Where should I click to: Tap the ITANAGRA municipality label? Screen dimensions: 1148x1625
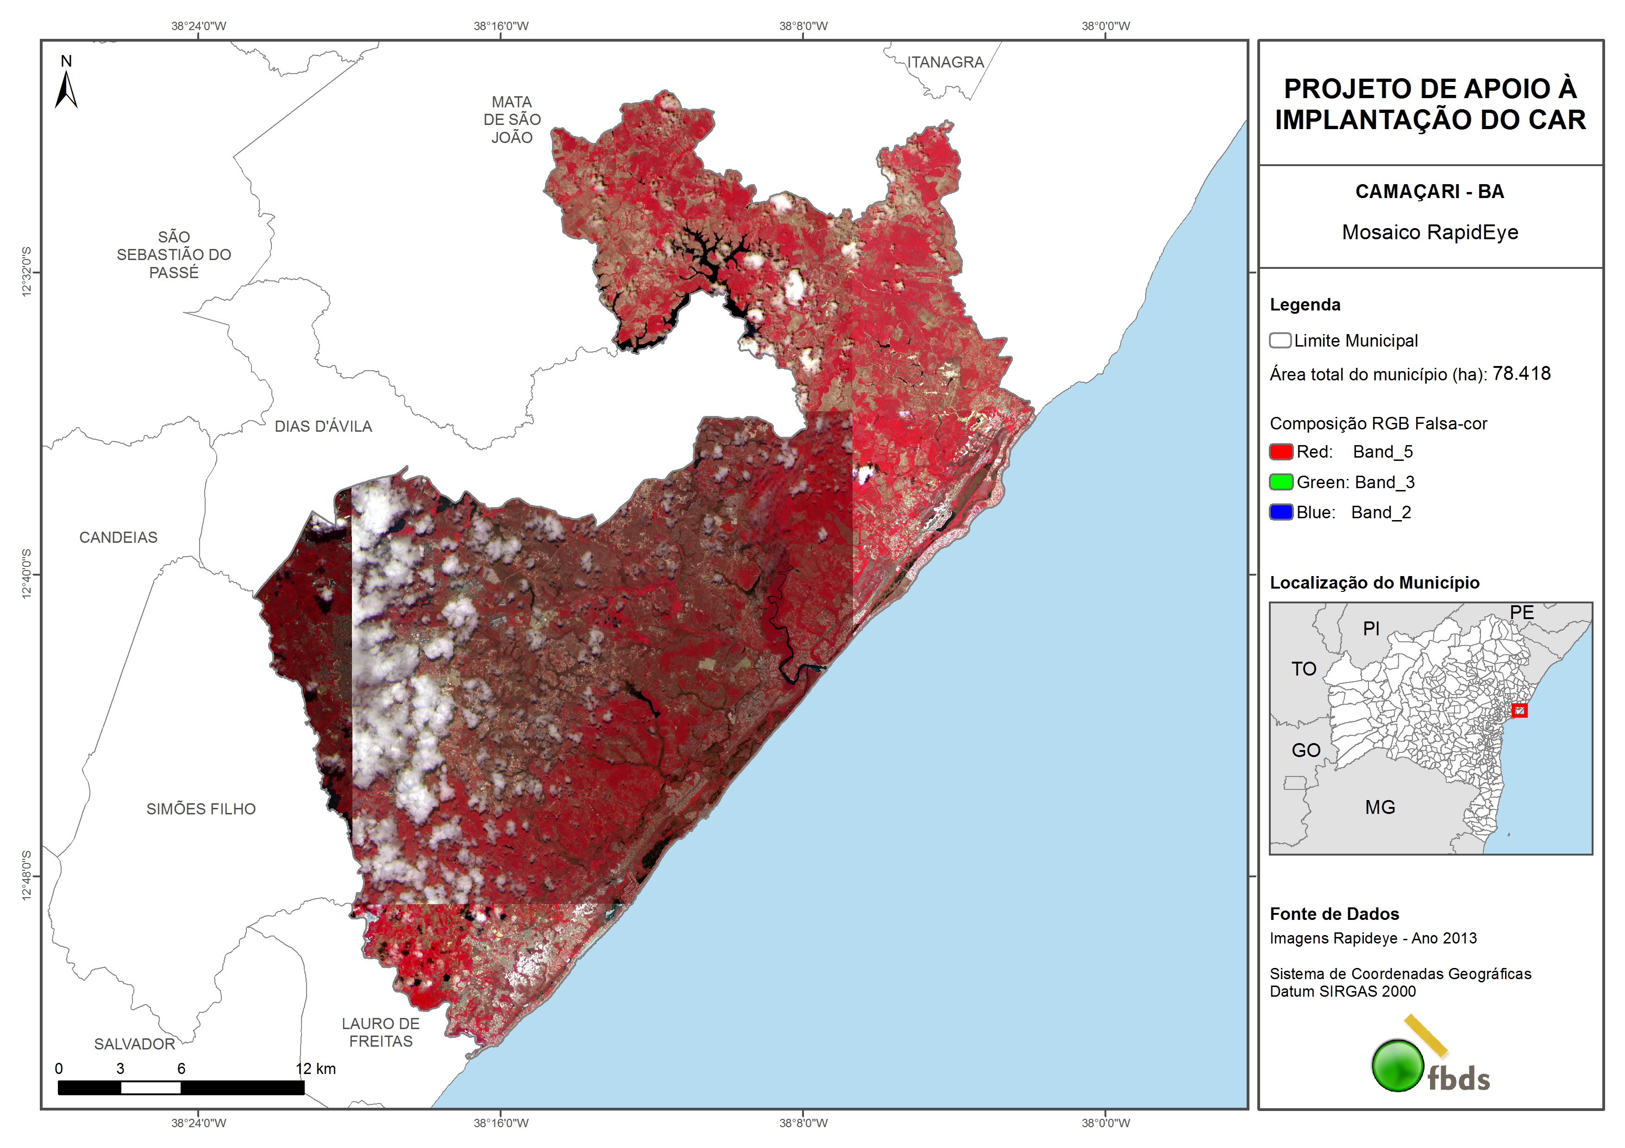click(x=946, y=62)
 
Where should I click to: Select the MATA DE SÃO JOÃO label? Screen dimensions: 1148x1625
click(x=512, y=119)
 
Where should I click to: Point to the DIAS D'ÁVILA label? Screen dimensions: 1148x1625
click(x=323, y=427)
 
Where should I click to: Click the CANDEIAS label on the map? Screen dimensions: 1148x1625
click(x=118, y=538)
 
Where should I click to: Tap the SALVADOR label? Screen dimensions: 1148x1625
click(x=134, y=1044)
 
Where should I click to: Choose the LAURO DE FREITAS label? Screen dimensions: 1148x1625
click(x=381, y=1033)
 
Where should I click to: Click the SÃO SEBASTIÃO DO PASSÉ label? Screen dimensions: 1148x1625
click(x=174, y=254)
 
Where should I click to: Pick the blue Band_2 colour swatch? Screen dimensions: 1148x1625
click(x=1281, y=513)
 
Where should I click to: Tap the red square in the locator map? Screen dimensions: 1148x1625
click(x=1519, y=710)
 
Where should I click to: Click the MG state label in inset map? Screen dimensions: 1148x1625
click(x=1380, y=807)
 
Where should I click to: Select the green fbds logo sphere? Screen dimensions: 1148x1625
click(x=1398, y=1065)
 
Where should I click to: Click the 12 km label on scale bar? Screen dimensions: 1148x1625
click(x=316, y=1069)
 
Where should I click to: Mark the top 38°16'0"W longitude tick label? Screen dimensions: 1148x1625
click(x=501, y=26)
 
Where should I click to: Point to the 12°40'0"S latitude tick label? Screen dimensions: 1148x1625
click(x=27, y=574)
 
